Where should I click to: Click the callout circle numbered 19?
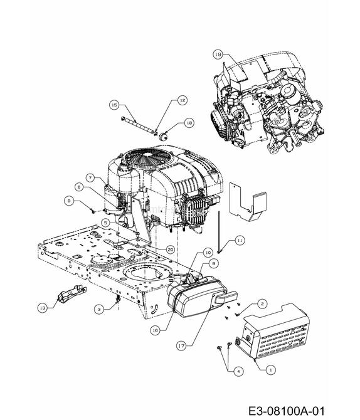218,55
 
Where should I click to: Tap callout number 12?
183,100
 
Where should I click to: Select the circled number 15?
115,105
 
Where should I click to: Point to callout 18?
189,123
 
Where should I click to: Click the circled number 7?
90,177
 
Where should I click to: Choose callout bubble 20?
171,250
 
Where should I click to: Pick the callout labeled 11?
240,241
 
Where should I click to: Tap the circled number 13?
43,308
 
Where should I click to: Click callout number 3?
99,309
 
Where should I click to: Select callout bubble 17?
182,346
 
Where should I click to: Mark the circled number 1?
270,370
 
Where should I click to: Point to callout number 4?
238,372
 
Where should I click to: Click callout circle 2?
262,303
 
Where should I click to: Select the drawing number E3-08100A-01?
287,411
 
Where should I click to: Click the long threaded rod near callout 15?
139,125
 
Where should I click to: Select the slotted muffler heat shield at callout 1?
273,332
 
